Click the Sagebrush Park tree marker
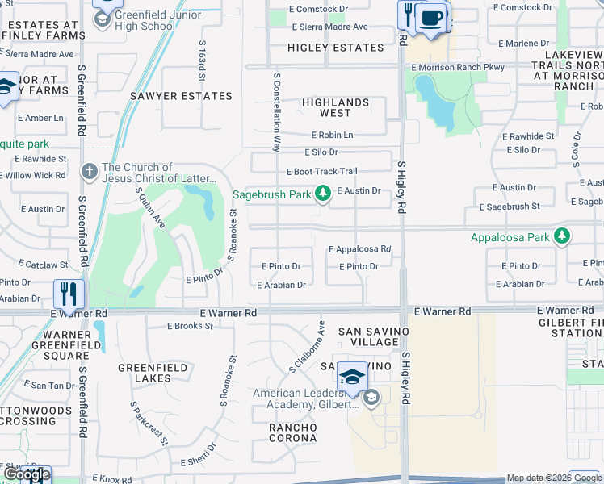tap(323, 193)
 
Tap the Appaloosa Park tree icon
tap(562, 236)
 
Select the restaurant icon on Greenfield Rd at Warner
tap(66, 294)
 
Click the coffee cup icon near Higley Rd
tap(432, 18)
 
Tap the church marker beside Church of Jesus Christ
tap(90, 171)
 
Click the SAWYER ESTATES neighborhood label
tap(182, 96)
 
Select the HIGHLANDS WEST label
tap(336, 107)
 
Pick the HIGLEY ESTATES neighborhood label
tap(336, 48)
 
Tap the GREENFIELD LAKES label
tap(153, 373)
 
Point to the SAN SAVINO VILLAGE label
tap(368, 336)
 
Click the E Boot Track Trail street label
tap(322, 172)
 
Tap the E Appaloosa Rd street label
tap(359, 250)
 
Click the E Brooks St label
tap(190, 326)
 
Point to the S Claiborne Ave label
tap(307, 348)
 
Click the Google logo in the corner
tap(26, 474)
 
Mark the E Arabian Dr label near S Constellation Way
tap(281, 285)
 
